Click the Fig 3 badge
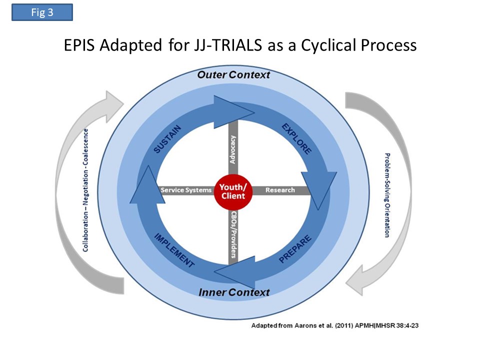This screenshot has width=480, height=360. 42,12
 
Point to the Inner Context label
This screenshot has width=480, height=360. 234,292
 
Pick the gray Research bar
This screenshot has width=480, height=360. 280,190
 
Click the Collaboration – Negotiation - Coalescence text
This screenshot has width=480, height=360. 85,190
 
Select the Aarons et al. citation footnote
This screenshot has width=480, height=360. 334,325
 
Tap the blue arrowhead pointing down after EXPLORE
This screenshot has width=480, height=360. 319,188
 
